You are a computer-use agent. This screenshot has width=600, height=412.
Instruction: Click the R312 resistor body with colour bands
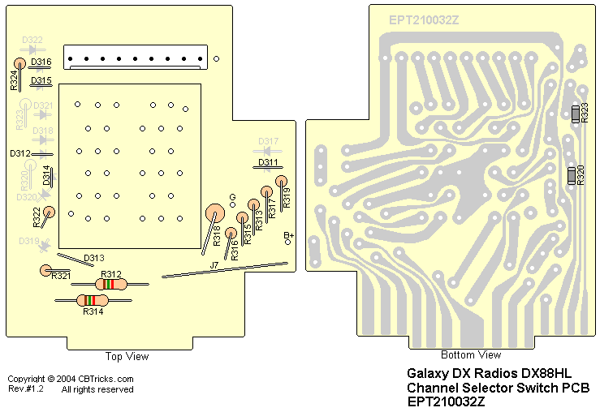(x=110, y=284)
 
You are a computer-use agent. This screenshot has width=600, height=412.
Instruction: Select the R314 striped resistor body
(x=91, y=301)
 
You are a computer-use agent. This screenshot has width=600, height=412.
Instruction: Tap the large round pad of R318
(x=215, y=212)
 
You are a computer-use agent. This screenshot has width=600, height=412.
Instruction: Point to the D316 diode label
(x=41, y=62)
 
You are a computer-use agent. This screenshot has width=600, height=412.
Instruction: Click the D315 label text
(x=41, y=80)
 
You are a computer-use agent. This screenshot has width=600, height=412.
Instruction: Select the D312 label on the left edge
(x=20, y=153)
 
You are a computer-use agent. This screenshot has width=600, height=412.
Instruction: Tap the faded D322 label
(x=32, y=40)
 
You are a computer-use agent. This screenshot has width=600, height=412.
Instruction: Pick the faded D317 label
(x=269, y=141)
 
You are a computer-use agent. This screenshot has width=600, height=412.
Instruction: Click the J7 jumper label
(x=214, y=265)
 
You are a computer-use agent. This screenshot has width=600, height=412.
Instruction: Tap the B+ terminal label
(x=287, y=235)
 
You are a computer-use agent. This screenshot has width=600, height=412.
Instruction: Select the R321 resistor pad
(x=46, y=270)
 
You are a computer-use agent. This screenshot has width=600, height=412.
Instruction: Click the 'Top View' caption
(x=127, y=356)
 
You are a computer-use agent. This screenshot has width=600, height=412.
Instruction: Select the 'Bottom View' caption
(x=471, y=355)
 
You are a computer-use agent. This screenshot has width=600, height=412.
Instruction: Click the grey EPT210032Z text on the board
(x=424, y=19)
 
